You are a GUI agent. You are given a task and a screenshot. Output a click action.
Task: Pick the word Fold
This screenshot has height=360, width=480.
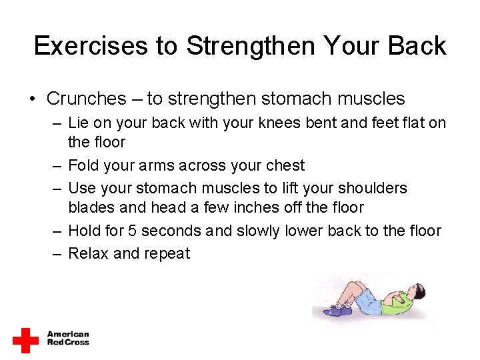click(83, 165)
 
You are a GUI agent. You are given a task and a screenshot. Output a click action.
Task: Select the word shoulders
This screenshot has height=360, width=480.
click(369, 188)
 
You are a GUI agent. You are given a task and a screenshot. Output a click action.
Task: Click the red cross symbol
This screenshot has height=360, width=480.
click(26, 340)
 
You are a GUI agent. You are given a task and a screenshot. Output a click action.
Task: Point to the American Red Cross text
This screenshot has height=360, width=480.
click(68, 338)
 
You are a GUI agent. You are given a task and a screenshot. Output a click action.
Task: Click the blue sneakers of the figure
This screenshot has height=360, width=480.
click(333, 310)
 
